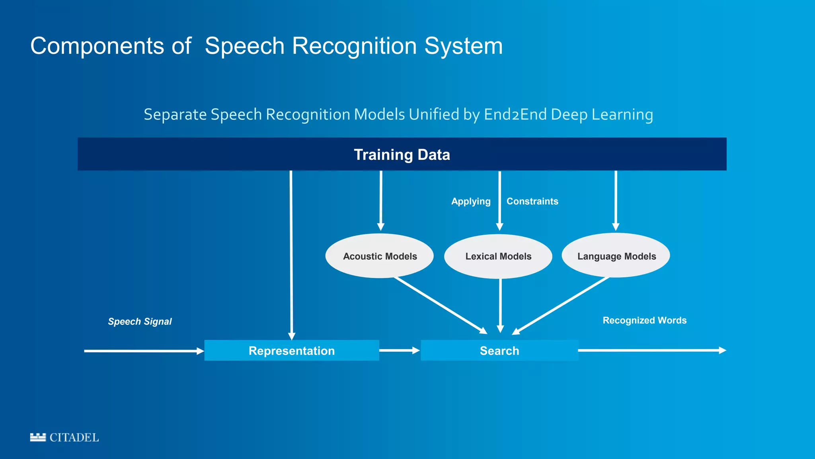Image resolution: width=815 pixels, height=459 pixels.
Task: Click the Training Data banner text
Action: [x=402, y=155]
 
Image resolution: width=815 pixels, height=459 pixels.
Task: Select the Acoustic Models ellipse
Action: [x=380, y=256]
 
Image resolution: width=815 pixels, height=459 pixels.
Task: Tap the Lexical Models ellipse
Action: [x=498, y=256]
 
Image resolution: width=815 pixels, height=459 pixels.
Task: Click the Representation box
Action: [x=292, y=351]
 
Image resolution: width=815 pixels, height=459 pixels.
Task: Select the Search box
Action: [x=499, y=351]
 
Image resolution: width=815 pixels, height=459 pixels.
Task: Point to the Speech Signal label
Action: [x=140, y=322]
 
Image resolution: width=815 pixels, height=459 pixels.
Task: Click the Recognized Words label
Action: [x=644, y=320]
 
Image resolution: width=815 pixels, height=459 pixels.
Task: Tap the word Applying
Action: [x=471, y=201]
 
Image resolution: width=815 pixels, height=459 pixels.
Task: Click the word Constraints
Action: [x=532, y=201]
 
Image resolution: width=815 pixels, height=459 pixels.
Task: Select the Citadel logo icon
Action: [x=38, y=437]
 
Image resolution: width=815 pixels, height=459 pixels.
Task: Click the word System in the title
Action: [x=464, y=46]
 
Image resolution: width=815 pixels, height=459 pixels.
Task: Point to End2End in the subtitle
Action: [x=515, y=114]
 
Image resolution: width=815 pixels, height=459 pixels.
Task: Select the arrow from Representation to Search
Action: [x=399, y=350]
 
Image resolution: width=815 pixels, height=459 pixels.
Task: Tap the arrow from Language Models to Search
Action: [x=561, y=306]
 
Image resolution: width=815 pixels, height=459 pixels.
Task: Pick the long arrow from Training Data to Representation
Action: [x=291, y=255]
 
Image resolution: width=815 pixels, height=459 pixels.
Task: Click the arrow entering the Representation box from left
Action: [x=143, y=351]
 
